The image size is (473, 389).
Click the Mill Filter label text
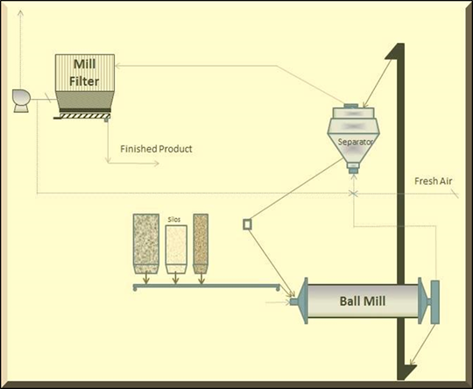click(x=84, y=73)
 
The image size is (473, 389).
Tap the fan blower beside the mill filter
click(x=21, y=101)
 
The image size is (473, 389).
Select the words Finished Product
click(x=156, y=149)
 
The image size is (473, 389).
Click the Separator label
click(x=355, y=142)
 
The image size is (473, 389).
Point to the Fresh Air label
click(x=434, y=181)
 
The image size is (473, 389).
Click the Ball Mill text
click(x=363, y=301)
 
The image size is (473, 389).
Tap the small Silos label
click(x=174, y=220)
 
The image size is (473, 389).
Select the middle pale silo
click(x=176, y=250)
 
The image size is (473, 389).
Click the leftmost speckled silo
click(x=146, y=244)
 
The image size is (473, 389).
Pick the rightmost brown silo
click(x=201, y=244)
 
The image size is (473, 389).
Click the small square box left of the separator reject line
click(x=247, y=224)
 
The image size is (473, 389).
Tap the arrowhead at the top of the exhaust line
click(x=20, y=13)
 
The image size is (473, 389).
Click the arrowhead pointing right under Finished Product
click(x=156, y=163)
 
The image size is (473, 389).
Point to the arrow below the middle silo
click(x=175, y=278)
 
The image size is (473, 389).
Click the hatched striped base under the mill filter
click(x=82, y=117)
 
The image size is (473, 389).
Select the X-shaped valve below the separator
click(x=354, y=194)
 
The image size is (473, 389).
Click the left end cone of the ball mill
click(x=302, y=301)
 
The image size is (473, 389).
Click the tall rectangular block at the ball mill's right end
click(x=435, y=302)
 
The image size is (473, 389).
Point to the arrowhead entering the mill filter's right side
click(x=118, y=66)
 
